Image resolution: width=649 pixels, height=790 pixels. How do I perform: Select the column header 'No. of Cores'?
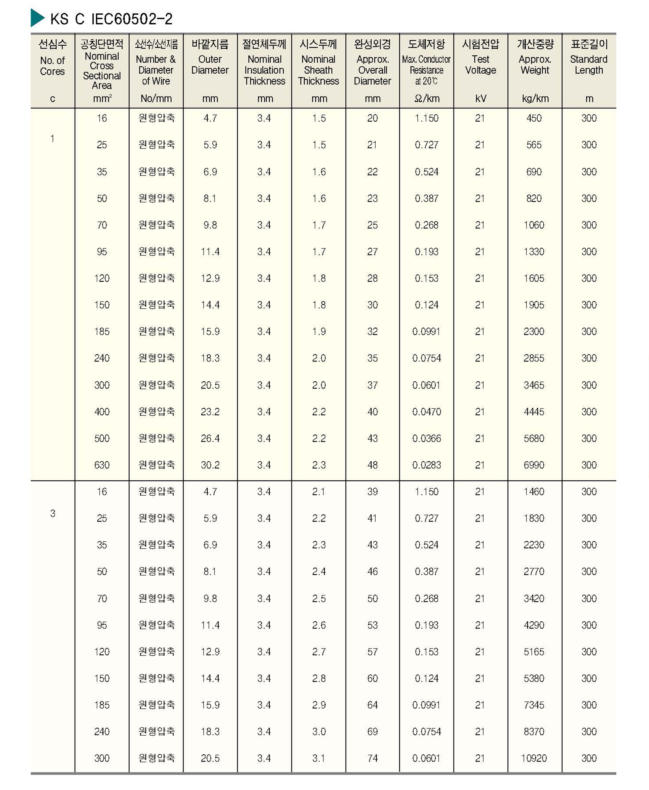pos(52,66)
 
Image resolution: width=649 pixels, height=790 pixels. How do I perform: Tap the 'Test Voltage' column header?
pos(480,65)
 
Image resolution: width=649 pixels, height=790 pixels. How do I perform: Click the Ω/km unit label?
pos(427,99)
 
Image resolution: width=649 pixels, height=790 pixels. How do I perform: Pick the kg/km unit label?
pos(535,99)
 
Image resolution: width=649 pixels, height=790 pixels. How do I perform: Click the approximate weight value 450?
pos(534,118)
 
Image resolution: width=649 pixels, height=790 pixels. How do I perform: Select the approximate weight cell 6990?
pos(534,465)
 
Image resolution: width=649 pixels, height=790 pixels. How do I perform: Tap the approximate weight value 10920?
pos(534,758)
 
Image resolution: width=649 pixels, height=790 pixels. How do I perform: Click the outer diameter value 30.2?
pos(210,465)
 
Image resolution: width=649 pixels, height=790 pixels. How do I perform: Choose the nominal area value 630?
pos(102,465)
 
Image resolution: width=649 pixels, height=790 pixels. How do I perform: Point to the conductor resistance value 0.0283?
pos(427,465)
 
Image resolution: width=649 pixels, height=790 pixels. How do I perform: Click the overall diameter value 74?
pos(372,758)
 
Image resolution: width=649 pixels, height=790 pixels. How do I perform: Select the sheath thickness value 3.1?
pos(319,758)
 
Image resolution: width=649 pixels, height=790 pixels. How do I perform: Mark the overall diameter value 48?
pos(372,465)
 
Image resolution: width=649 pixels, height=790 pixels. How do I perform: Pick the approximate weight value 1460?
pos(534,492)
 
